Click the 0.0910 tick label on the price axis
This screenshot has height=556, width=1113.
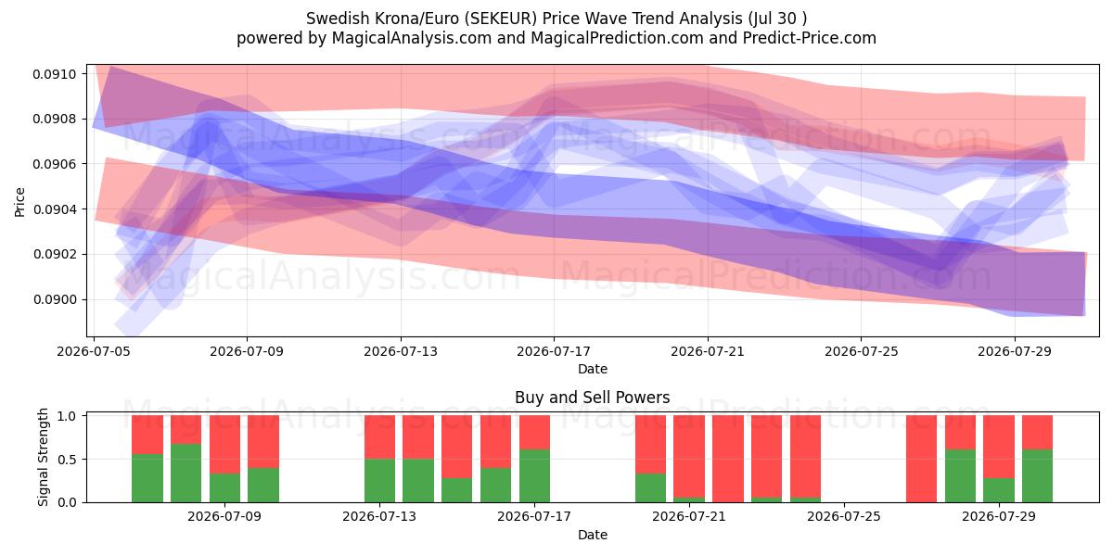tap(55, 74)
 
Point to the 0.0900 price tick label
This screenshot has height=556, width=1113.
tap(55, 300)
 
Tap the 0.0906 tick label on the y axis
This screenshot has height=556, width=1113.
tap(55, 164)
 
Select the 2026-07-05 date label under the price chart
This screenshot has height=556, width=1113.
tap(94, 351)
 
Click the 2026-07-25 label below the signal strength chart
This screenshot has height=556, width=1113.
tap(844, 516)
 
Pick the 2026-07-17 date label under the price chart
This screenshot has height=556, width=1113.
tap(554, 351)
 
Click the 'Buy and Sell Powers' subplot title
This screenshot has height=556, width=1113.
tap(593, 398)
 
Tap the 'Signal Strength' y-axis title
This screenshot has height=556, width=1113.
tap(44, 457)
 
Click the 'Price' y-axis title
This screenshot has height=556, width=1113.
tap(19, 202)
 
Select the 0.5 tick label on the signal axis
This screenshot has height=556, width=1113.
tap(67, 460)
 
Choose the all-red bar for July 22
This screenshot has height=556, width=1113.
tap(728, 459)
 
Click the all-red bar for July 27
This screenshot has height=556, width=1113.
tap(921, 459)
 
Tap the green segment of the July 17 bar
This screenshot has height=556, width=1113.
tap(534, 476)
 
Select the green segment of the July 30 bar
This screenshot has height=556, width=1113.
tap(1038, 476)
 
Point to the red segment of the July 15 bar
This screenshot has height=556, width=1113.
tap(456, 447)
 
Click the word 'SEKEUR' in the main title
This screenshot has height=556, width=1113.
tap(503, 19)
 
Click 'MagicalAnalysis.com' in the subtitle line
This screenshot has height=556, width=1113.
tap(412, 38)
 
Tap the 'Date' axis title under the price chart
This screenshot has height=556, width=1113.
tap(593, 370)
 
